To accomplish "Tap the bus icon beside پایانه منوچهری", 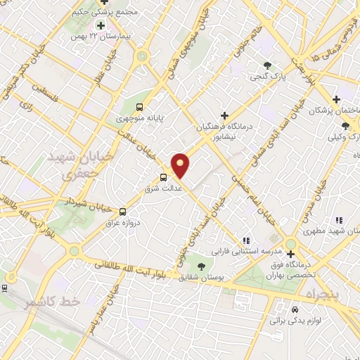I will (139, 107).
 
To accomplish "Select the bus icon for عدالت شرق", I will (164, 177).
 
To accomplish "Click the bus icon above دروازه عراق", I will (123, 211).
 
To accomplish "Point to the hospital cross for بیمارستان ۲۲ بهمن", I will (101, 25).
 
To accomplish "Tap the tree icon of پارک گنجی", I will (267, 65).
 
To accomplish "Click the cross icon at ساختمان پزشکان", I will (337, 99).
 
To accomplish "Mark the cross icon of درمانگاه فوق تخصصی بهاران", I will (290, 253).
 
